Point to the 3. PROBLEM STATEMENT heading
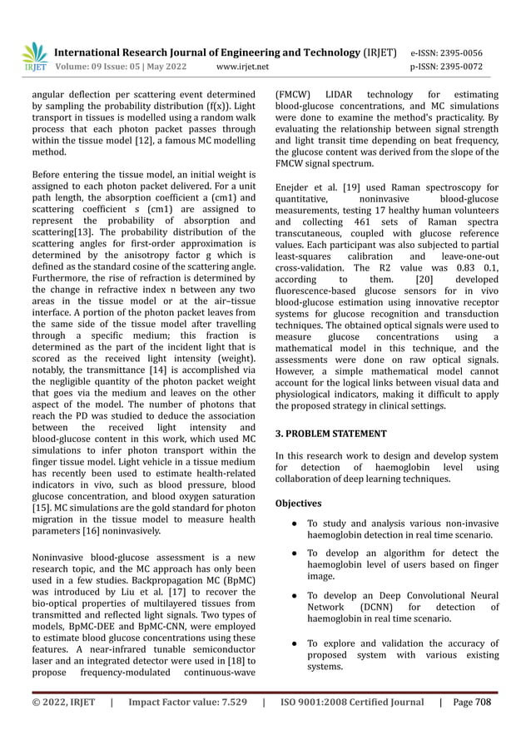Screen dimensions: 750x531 tap(330, 434)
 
